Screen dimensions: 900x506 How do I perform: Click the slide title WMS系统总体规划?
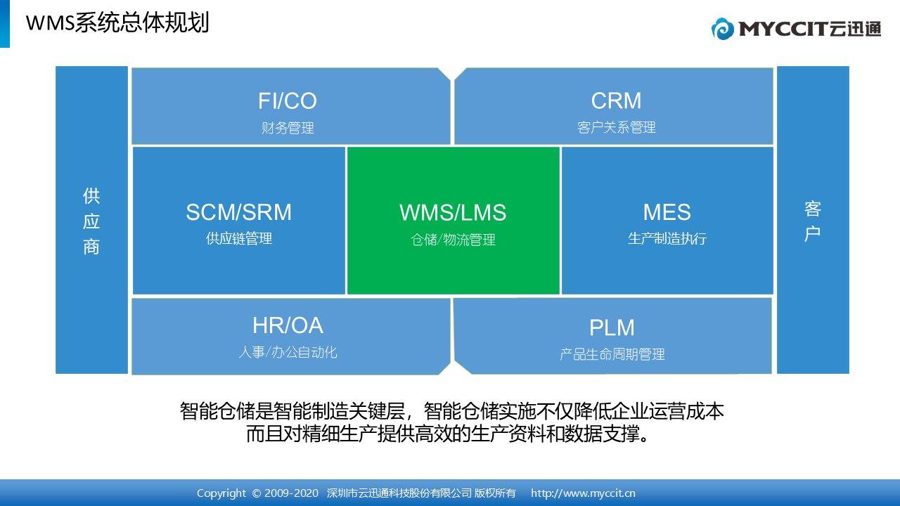click(117, 23)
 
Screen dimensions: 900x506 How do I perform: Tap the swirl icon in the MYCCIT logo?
click(722, 29)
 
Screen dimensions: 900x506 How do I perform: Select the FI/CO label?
click(288, 100)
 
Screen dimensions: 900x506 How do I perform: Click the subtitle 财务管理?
click(288, 128)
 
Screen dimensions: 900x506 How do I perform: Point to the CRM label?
click(616, 100)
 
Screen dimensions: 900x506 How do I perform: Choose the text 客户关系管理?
click(617, 128)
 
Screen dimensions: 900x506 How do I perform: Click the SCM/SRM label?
click(238, 212)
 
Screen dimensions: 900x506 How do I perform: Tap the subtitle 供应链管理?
click(239, 238)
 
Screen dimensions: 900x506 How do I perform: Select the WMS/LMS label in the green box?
click(453, 212)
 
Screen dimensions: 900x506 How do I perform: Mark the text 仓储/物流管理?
click(453, 240)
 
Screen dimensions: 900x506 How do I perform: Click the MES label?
click(667, 212)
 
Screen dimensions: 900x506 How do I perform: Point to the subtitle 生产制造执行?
click(667, 238)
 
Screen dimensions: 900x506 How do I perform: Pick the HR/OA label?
click(288, 325)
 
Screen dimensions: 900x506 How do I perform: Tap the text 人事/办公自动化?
click(288, 352)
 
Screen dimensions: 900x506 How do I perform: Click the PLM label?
click(612, 327)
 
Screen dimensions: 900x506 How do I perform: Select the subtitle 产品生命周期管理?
click(612, 354)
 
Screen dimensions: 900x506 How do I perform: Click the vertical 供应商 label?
click(91, 221)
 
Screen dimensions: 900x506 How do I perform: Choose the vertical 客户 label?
click(812, 221)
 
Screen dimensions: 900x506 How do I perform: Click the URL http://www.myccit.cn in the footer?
click(583, 493)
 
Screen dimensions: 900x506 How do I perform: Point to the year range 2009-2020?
click(291, 493)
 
